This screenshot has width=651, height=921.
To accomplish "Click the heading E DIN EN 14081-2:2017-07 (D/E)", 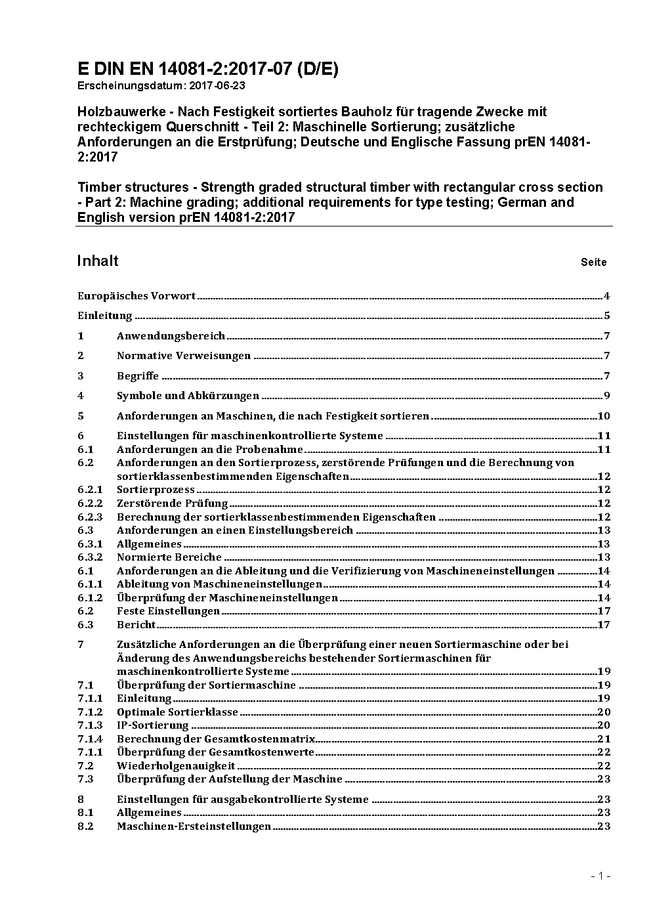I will coord(207,69).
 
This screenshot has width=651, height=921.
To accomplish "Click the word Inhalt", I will coord(98,261).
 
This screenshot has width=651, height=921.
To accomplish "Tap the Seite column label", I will coord(593,263).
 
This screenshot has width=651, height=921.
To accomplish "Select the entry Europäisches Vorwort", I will coord(136,296).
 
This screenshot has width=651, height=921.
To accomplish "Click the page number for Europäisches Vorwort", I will coord(607,296).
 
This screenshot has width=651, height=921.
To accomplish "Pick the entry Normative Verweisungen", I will coord(184,356).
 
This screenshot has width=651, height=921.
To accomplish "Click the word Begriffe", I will coord(138,376).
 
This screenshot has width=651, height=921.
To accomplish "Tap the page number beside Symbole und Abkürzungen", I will coord(607,396).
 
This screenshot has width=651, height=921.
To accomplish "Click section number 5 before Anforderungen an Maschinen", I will coord(81,416).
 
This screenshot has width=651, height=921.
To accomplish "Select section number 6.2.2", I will coord(90,503).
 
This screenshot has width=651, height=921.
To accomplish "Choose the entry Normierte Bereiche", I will coord(160,557).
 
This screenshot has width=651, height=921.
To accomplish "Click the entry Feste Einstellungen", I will coord(168,611).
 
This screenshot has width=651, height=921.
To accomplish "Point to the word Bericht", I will coord(136,625).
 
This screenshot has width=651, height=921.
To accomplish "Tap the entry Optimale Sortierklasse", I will coord(177,712).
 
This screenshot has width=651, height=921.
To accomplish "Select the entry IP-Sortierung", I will coord(152,725).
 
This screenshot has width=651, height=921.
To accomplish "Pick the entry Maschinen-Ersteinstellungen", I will coord(194,826).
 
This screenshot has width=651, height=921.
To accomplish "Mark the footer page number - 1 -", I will coord(600,876).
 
